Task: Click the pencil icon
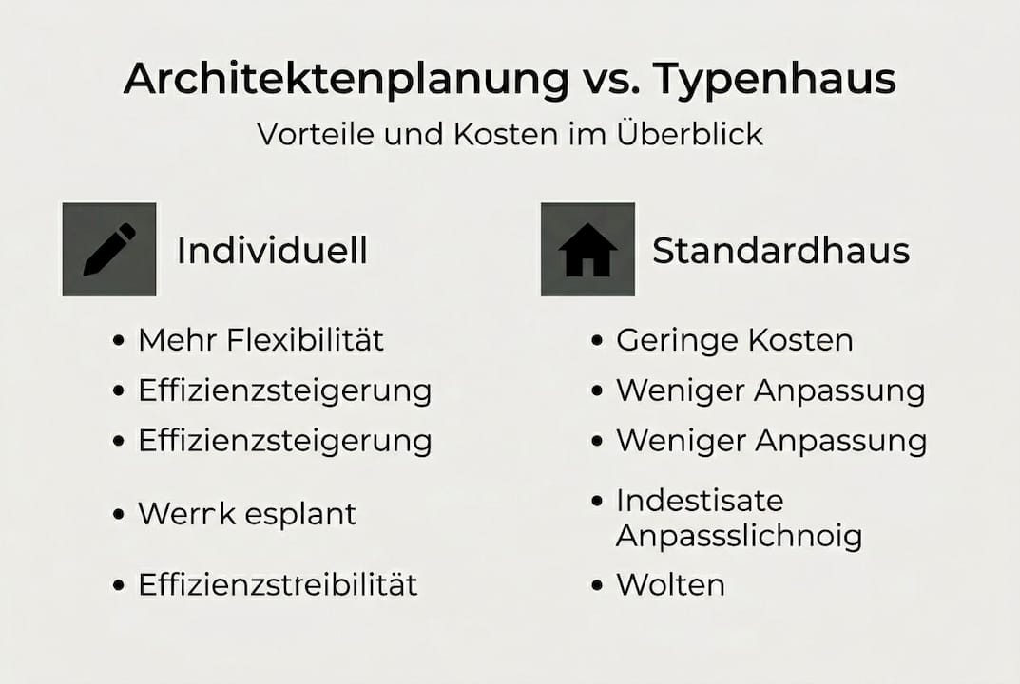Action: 109,249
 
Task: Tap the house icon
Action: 587,249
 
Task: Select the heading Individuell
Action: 272,251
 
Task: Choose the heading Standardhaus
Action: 780,251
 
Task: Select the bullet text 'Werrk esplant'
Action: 247,514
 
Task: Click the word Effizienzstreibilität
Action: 278,584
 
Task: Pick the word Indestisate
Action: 700,500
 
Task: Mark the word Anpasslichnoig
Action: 739,536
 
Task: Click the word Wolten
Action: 670,584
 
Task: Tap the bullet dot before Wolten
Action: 597,585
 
